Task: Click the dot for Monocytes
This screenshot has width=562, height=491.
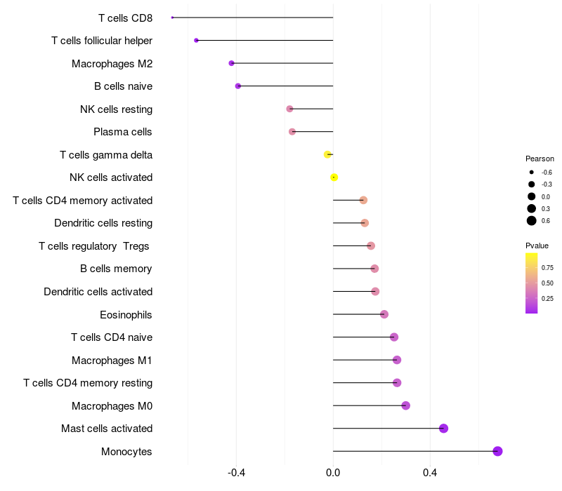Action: [x=497, y=451]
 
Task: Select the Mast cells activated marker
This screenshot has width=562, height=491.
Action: [x=443, y=429]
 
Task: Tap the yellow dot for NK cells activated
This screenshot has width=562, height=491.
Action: [x=334, y=177]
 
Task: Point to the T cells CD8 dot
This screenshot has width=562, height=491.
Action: [x=172, y=18]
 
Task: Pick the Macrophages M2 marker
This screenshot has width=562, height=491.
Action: [x=231, y=63]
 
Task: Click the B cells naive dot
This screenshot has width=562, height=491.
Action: [x=238, y=86]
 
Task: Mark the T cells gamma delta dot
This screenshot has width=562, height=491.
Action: [x=327, y=154]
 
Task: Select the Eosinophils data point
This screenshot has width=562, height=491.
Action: [x=384, y=314]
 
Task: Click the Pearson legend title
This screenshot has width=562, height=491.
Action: [x=540, y=159]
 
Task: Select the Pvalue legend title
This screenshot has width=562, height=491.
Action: [x=537, y=245]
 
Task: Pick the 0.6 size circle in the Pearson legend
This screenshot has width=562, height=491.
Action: [x=532, y=221]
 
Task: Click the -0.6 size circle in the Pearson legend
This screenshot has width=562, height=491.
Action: [x=532, y=172]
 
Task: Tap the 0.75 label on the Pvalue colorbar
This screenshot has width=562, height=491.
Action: [x=547, y=267]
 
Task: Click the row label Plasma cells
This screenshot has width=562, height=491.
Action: [x=123, y=132]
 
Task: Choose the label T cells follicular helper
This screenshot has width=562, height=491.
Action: [x=102, y=41]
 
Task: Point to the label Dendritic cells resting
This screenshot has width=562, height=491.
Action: [x=103, y=223]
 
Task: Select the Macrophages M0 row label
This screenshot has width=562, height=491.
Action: [x=112, y=405]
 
